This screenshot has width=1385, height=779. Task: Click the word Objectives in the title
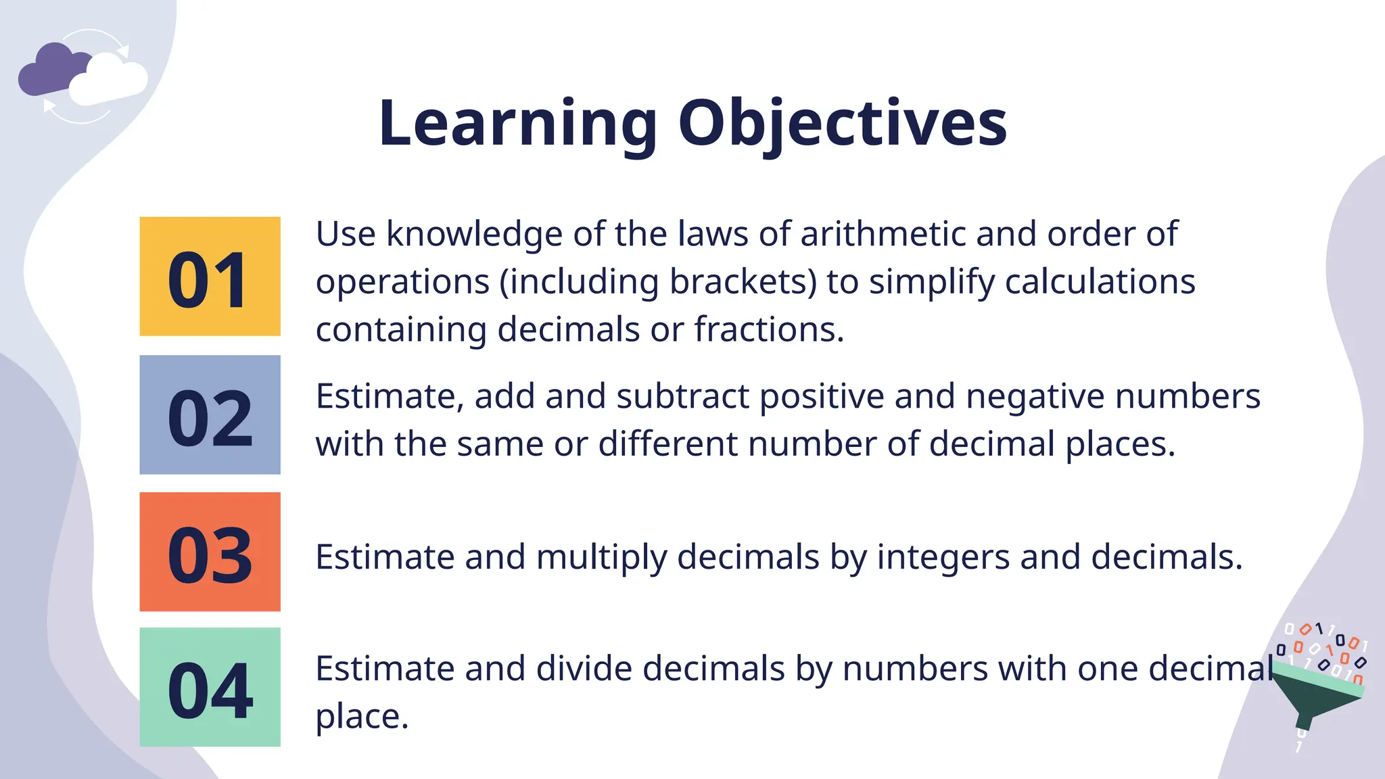click(x=843, y=124)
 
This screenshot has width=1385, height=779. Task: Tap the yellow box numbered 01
click(x=210, y=277)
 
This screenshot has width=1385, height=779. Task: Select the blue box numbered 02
click(x=210, y=415)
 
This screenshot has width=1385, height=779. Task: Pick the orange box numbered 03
click(x=210, y=552)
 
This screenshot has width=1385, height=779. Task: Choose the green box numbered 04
click(x=210, y=688)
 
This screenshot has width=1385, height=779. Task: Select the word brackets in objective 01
click(x=743, y=282)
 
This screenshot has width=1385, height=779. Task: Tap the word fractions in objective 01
click(x=768, y=330)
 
